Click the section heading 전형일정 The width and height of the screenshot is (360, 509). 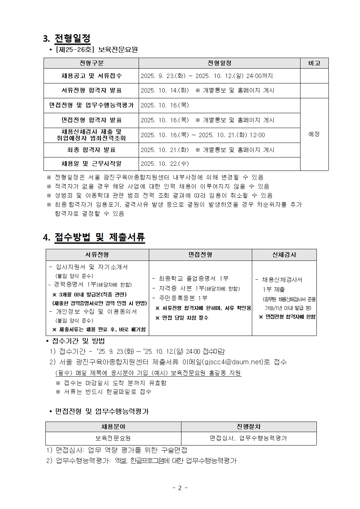tap(72, 38)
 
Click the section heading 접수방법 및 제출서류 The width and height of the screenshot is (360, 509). tap(99, 237)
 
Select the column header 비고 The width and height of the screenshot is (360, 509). tap(314, 63)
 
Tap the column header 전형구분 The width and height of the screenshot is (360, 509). tap(91, 63)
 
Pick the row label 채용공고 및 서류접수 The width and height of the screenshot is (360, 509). tap(91, 76)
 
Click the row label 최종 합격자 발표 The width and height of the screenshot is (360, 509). tap(91, 150)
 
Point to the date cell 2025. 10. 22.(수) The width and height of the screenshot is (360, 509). tap(165, 164)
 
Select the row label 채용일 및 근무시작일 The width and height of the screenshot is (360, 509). tap(91, 164)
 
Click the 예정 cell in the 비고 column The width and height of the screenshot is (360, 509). tap(314, 134)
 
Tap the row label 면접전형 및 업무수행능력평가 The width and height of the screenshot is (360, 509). tap(91, 105)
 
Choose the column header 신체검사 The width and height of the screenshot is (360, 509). tap(284, 255)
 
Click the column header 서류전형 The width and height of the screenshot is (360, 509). tap(97, 255)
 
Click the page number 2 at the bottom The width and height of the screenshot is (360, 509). tap(180, 488)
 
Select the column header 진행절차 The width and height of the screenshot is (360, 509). tap(249, 427)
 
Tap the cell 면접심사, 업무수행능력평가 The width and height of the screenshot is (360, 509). tap(249, 438)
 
